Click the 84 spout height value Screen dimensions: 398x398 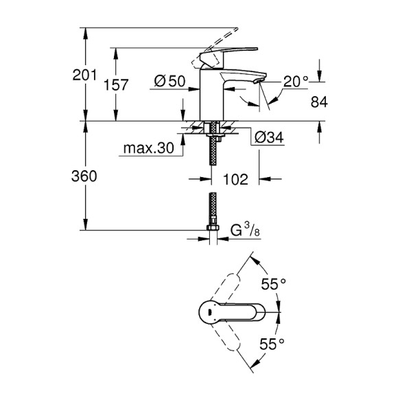pyautogui.click(x=320, y=102)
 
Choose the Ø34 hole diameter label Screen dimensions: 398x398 pyautogui.click(x=269, y=138)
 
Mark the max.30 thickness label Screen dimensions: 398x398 pyautogui.click(x=149, y=148)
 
